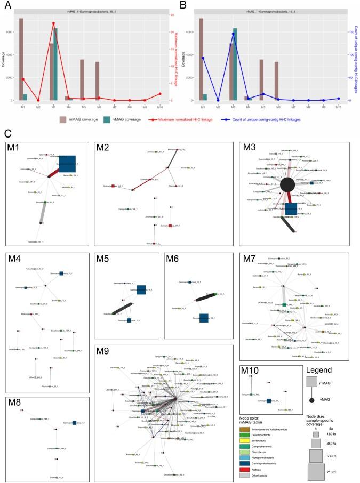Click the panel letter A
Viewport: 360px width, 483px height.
click(7, 6)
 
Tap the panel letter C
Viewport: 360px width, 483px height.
click(7, 133)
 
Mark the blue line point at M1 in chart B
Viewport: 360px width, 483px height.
click(203, 58)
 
